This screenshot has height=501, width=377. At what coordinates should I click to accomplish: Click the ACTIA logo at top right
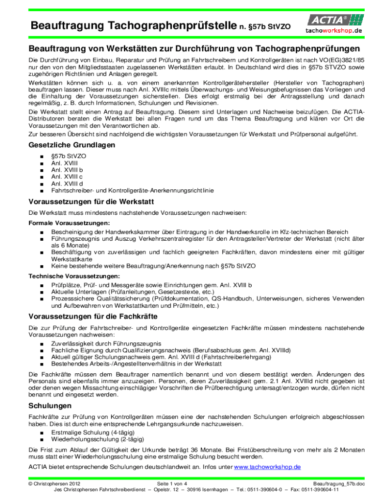335,20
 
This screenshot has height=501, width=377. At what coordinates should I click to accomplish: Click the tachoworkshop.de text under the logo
335,30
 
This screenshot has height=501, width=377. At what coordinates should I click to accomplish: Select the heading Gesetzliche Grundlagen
72,145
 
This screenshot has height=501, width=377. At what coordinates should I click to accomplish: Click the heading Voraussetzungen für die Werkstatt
92,202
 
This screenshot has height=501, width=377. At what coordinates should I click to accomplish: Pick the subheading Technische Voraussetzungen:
68,276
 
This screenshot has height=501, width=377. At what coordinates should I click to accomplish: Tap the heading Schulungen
50,406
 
